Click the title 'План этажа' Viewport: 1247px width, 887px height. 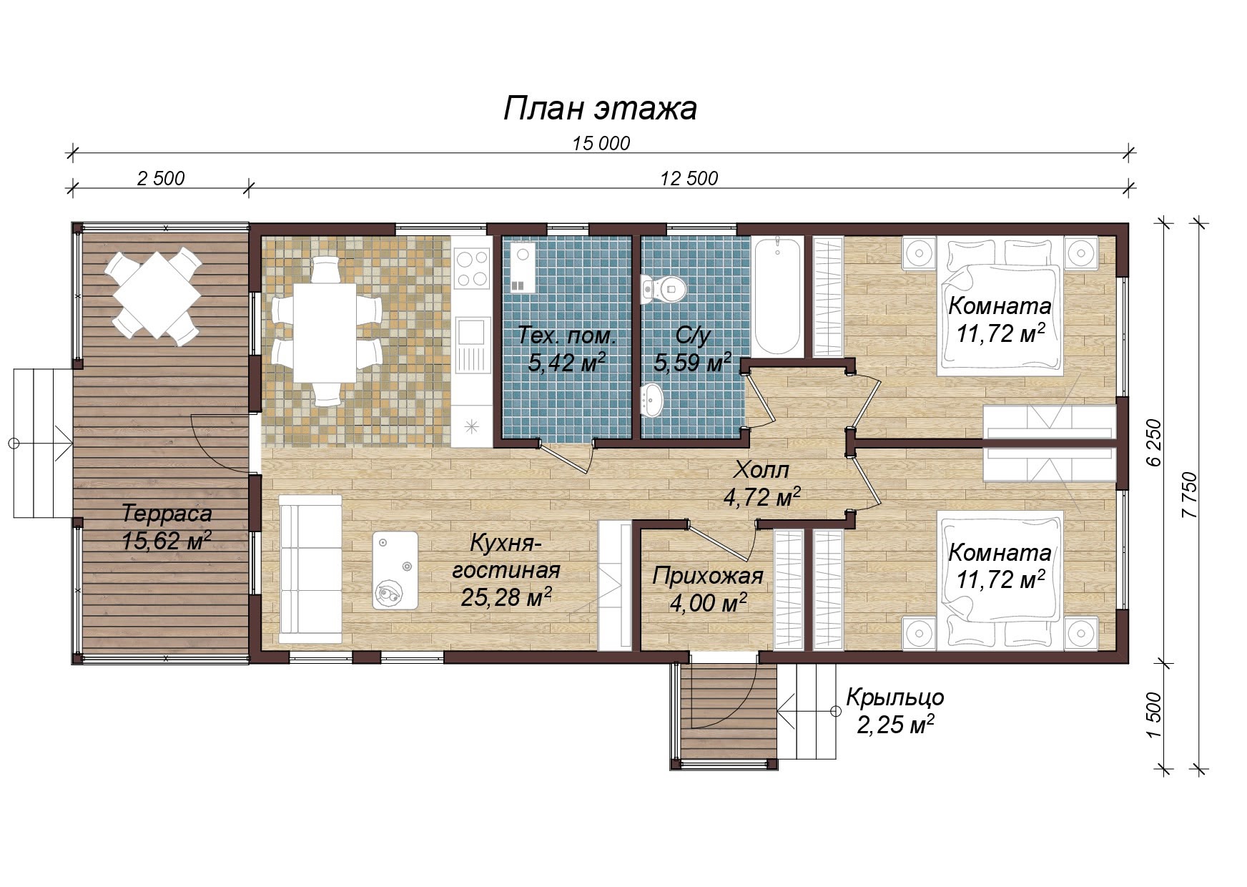point(600,109)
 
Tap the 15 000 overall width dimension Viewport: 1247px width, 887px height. point(601,144)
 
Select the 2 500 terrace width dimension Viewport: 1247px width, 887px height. point(160,178)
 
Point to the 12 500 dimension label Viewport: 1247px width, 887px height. point(689,178)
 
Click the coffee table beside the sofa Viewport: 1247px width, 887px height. point(395,570)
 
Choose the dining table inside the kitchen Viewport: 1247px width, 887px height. point(325,333)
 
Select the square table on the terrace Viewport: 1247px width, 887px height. point(153,295)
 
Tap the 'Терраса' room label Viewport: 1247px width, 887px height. point(167,514)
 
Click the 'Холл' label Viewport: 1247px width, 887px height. point(761,470)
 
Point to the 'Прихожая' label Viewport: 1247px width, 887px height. point(708,576)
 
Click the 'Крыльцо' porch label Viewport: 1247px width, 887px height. point(895,697)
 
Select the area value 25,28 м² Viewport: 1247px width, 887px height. point(506,597)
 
